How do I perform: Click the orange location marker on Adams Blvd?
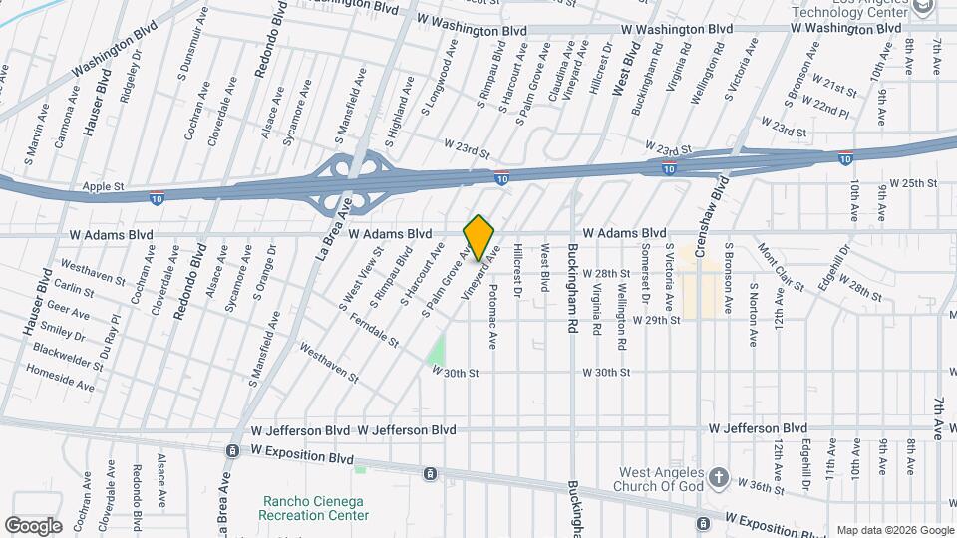pos(479,237)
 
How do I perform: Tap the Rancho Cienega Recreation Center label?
pos(313,508)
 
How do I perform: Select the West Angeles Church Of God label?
pos(660,480)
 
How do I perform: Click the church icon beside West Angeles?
pos(719,479)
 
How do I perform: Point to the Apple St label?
pos(103,186)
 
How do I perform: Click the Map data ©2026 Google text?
pos(894,530)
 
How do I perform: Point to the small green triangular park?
pos(437,351)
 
